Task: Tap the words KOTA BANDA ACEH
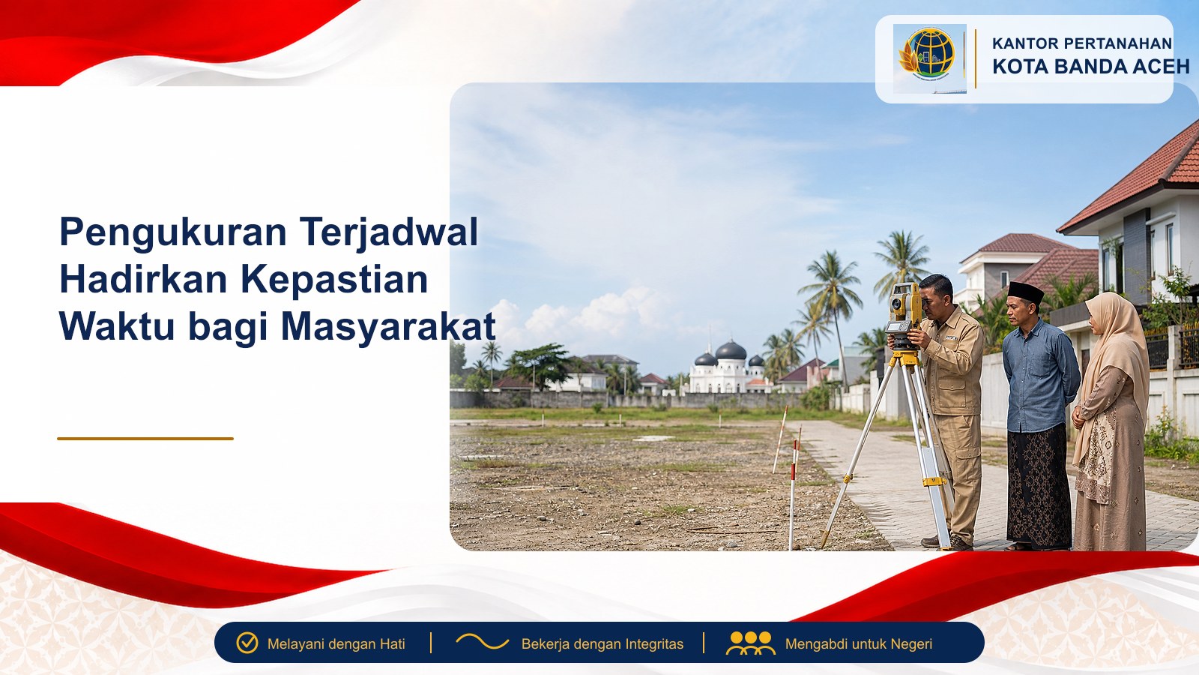[1091, 67]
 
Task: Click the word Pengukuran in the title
[173, 232]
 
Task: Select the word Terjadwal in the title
[389, 232]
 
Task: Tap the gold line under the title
[145, 439]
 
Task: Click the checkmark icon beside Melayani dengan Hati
[247, 643]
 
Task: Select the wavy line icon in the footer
[482, 641]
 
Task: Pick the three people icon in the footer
[750, 643]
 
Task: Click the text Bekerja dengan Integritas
[602, 644]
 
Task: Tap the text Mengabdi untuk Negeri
[859, 644]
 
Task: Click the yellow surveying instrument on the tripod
[904, 316]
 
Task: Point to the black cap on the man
[1026, 292]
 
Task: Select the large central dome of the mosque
[731, 350]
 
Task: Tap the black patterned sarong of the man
[1039, 484]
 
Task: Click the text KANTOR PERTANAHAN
[1082, 43]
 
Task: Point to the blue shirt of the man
[1041, 375]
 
